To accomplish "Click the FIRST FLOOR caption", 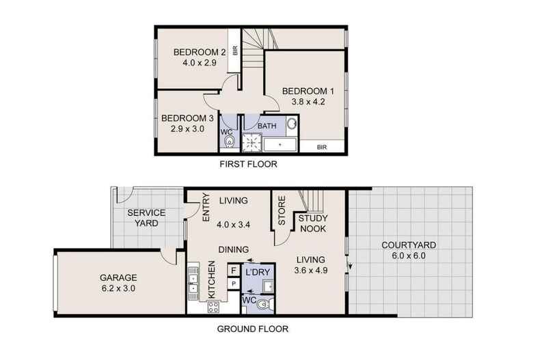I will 248,165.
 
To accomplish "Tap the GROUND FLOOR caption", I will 252,329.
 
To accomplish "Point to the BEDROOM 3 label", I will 183,117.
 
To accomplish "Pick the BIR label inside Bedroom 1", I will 321,146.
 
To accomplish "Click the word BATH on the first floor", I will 267,126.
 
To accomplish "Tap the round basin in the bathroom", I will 290,125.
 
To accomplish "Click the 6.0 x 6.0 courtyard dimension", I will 409,256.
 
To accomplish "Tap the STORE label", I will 281,212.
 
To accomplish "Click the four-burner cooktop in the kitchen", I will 212,307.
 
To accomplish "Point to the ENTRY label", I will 208,207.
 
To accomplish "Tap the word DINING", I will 232,249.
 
